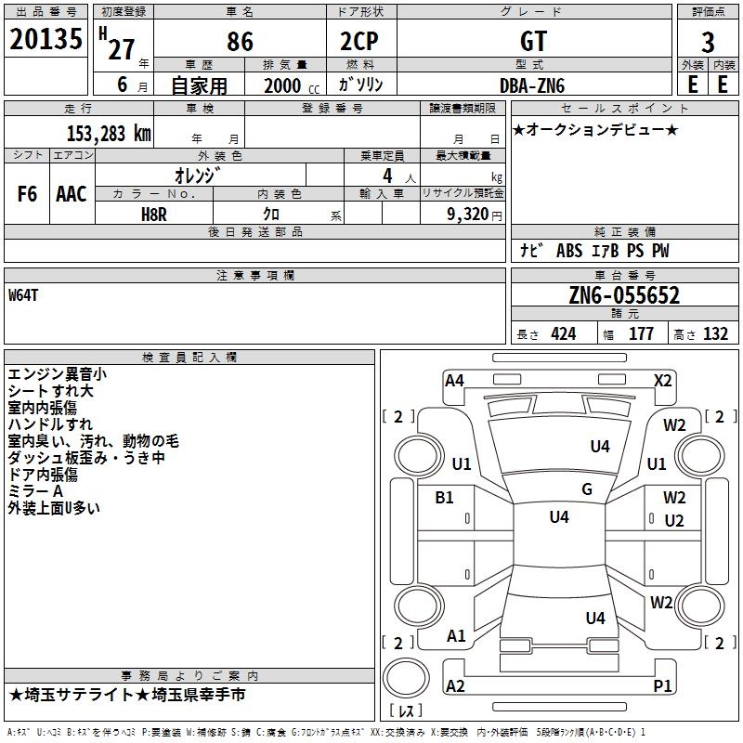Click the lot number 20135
[46, 39]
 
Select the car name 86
[240, 42]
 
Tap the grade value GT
[533, 41]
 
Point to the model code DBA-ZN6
[532, 85]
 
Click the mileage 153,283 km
[109, 133]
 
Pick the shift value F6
[27, 194]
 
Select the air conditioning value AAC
[72, 194]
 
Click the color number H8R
[154, 215]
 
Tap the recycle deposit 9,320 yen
[475, 215]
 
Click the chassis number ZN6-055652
[624, 295]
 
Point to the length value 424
[564, 333]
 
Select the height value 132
[715, 333]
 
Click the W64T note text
[23, 295]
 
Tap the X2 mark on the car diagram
[662, 381]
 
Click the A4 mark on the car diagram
[454, 381]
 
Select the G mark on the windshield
[587, 489]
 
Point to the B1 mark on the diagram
[444, 497]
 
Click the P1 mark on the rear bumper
[662, 685]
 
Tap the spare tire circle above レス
[406, 678]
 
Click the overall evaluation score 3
[708, 43]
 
